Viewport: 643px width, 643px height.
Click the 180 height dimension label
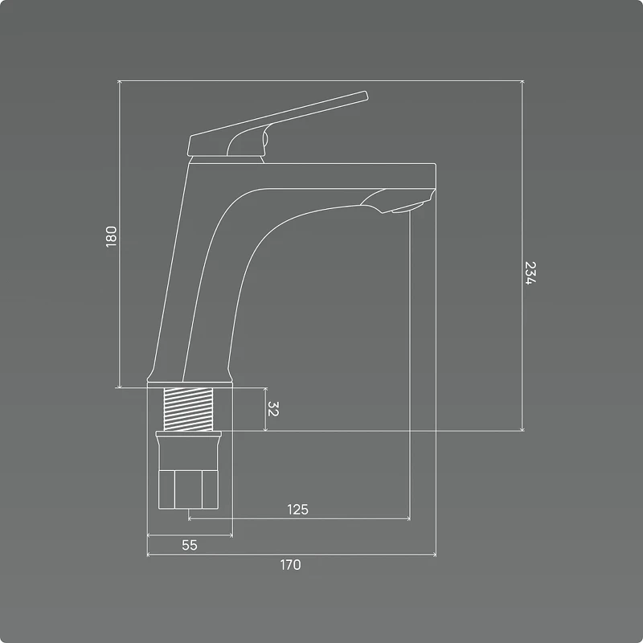click(x=111, y=236)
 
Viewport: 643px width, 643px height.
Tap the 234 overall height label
click(x=530, y=272)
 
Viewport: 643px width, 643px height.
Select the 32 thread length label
click(x=273, y=409)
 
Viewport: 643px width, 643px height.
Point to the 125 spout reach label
click(x=297, y=510)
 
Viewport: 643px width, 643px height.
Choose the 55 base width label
click(x=190, y=545)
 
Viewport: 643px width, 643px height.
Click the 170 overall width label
click(x=290, y=565)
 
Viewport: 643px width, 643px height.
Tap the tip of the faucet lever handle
click(x=366, y=95)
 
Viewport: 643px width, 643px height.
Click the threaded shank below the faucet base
click(x=188, y=409)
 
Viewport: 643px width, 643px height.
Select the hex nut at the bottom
click(x=188, y=489)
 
